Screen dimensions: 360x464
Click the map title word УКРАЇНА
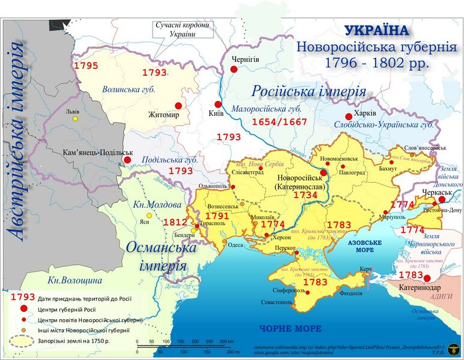pos(377,30)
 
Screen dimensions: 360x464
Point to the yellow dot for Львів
pos(75,119)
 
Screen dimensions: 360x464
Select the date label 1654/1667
pos(279,122)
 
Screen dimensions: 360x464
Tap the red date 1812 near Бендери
pos(176,222)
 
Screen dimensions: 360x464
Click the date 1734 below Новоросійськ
pos(305,195)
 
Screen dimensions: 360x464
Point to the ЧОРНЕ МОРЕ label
pos(290,329)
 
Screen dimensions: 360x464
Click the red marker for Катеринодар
pos(427,279)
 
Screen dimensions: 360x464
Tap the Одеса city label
pos(236,245)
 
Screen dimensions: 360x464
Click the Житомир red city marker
pos(178,106)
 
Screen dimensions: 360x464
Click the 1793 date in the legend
pos(23,297)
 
